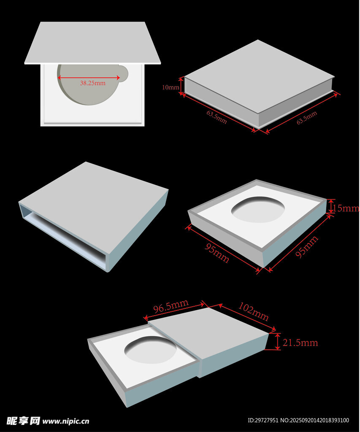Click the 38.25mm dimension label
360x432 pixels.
pyautogui.click(x=92, y=83)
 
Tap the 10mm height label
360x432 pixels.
pyautogui.click(x=171, y=87)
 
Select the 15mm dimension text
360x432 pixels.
pyautogui.click(x=346, y=208)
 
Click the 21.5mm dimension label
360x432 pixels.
pyautogui.click(x=300, y=343)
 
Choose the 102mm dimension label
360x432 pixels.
pyautogui.click(x=253, y=312)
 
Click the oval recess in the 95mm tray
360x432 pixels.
pyautogui.click(x=258, y=209)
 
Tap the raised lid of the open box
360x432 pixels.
pyautogui.click(x=92, y=43)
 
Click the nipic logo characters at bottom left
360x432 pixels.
pyautogui.click(x=23, y=421)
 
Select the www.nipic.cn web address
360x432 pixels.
pyautogui.click(x=66, y=421)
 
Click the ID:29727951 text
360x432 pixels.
pyautogui.click(x=263, y=421)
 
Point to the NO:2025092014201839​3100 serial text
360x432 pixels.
pyautogui.click(x=314, y=421)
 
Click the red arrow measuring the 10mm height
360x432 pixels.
pyautogui.click(x=181, y=86)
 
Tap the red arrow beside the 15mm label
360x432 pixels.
pyautogui.click(x=331, y=206)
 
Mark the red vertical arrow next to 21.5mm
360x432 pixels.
pyautogui.click(x=278, y=341)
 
